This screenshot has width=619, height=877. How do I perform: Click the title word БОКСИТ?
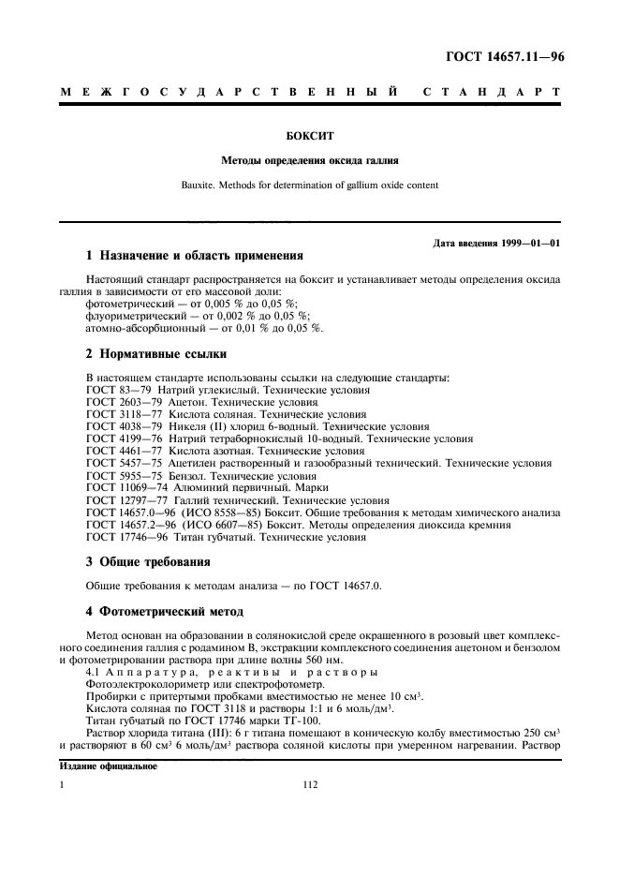(x=309, y=136)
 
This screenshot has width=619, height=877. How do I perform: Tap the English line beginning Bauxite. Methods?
(x=309, y=185)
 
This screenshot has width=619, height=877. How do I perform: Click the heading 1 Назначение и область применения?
(x=195, y=255)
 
